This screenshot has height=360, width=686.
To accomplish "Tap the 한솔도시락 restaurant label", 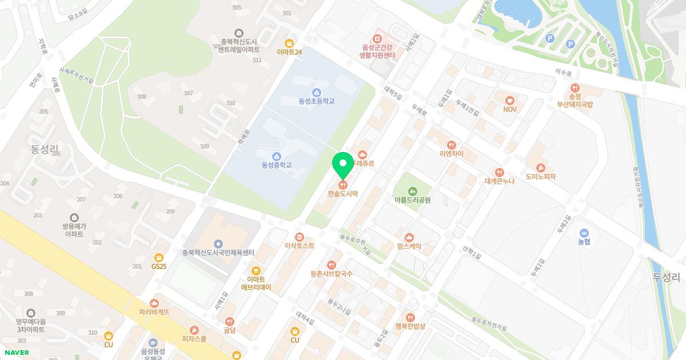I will (343, 194).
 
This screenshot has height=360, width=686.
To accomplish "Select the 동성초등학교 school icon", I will (316, 93).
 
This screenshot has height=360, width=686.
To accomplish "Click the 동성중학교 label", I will (277, 165).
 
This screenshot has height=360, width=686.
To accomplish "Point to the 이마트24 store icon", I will (289, 43).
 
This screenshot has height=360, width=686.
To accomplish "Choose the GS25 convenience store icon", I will (159, 257).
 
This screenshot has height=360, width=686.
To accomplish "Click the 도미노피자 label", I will (541, 177).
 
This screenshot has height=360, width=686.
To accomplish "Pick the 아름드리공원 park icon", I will (412, 191).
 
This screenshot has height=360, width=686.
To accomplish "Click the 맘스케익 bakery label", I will (409, 246).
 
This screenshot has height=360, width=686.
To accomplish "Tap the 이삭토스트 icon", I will (299, 237).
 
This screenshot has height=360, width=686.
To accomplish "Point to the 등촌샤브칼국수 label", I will (332, 274).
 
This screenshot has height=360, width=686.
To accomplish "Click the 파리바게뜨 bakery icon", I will (154, 303).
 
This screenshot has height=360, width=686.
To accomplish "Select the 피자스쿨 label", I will (194, 338).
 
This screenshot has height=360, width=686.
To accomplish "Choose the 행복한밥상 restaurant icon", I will (410, 317).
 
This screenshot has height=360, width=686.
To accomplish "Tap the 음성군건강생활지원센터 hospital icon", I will (377, 38).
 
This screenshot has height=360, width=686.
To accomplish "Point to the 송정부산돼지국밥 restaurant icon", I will (575, 89).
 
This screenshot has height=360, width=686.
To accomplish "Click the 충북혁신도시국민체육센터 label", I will (218, 253).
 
